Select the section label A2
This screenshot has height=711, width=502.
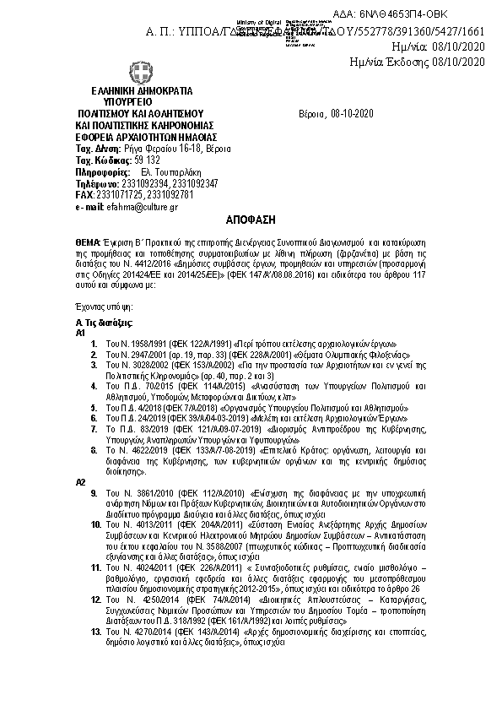click(x=81, y=480)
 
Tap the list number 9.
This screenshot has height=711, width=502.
click(x=98, y=491)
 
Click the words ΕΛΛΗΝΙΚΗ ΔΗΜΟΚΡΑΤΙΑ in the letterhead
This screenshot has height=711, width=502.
click(x=142, y=91)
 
